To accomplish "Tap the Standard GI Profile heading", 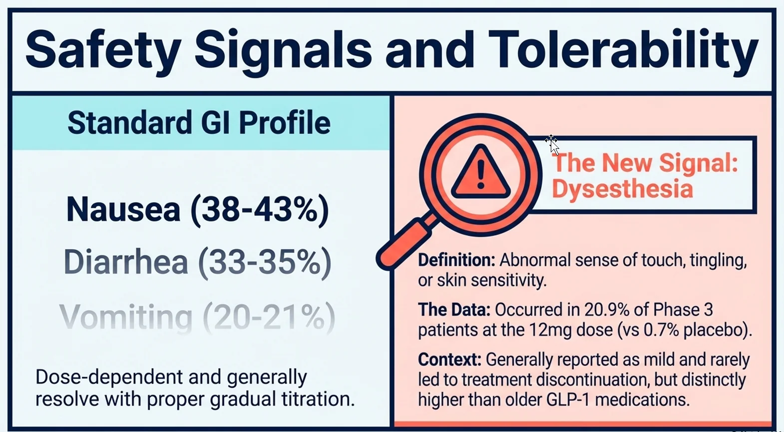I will pos(199,123).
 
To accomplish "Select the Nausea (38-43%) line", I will pos(198,209).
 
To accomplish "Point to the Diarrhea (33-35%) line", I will pos(198,262).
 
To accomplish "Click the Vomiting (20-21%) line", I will pos(198,317).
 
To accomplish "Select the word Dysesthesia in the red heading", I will pos(622,189).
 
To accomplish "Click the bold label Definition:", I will pos(456,260).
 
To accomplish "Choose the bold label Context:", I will pos(449,360).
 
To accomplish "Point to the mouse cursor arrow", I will pos(552,144).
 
